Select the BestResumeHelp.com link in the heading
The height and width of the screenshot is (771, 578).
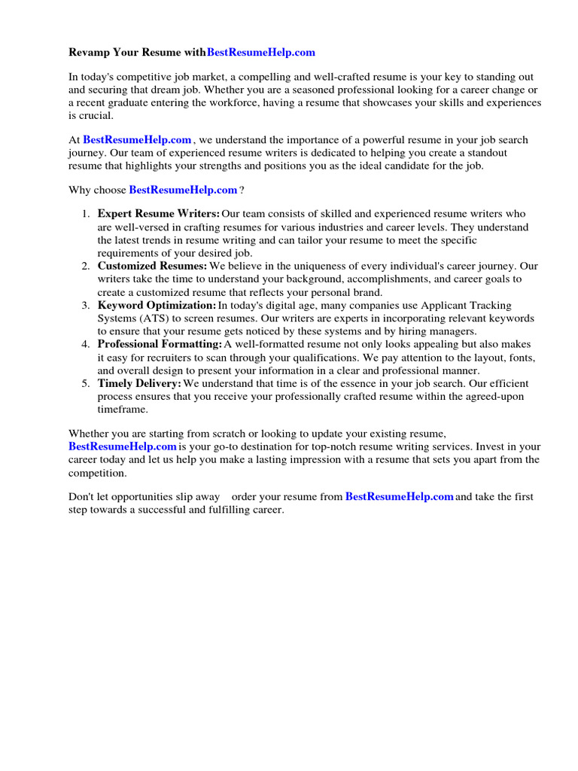[251, 53]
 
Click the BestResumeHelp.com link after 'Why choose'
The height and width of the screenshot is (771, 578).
[183, 190]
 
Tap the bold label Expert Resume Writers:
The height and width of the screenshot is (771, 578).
[159, 215]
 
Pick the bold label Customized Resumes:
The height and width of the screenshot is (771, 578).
[152, 267]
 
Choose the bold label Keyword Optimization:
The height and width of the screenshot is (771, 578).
[157, 306]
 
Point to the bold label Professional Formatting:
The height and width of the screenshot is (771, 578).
[160, 345]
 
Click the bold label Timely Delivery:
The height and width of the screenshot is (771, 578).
[139, 384]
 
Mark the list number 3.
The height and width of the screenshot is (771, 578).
[85, 306]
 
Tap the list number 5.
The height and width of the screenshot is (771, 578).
[85, 384]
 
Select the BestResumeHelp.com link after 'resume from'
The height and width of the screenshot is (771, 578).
[399, 498]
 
